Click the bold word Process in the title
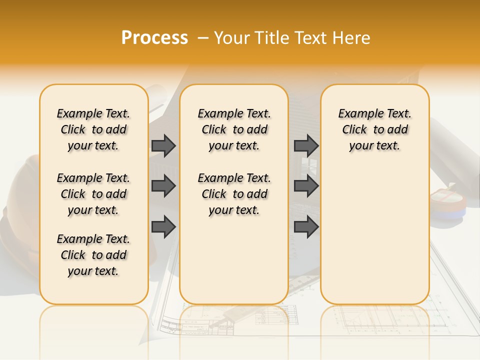(154, 38)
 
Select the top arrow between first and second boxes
(163, 145)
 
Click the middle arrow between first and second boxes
(163, 186)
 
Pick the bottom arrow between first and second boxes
(163, 227)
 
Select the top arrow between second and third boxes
(306, 145)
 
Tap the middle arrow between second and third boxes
(306, 186)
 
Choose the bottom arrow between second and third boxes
(306, 227)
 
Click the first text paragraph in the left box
(93, 129)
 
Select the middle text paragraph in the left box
(93, 194)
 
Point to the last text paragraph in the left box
(93, 255)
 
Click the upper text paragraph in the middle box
(234, 129)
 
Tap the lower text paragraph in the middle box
(234, 194)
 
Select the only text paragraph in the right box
(374, 129)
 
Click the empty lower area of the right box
(374, 235)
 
